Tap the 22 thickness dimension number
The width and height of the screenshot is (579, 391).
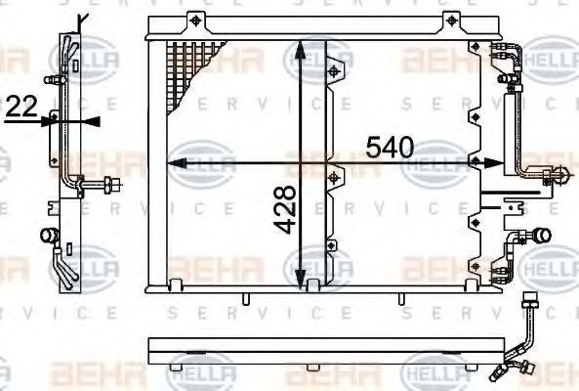click(x=21, y=109)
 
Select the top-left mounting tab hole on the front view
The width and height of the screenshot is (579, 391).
click(x=198, y=21)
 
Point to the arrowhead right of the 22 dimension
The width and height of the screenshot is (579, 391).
click(x=89, y=120)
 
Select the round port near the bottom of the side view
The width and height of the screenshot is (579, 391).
click(x=45, y=236)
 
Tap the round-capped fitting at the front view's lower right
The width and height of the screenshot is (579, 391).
click(x=541, y=236)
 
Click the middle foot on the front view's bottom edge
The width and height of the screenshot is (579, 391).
click(x=311, y=284)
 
